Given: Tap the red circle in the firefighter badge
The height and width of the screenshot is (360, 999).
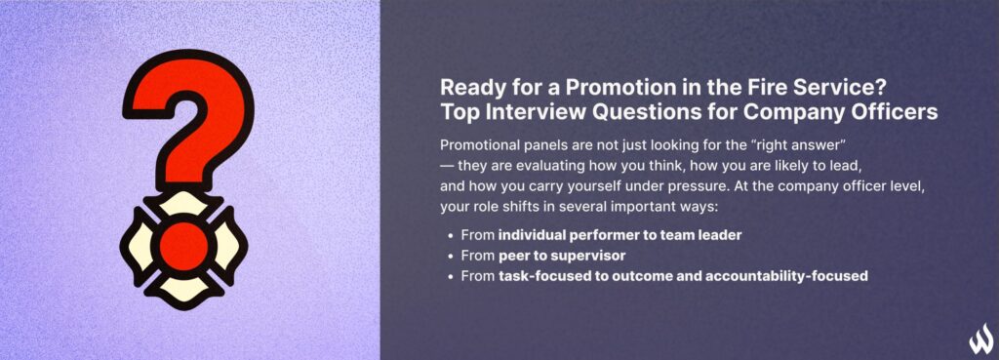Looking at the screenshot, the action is (x=183, y=245).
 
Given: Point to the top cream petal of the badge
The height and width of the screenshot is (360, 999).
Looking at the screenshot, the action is (x=184, y=203).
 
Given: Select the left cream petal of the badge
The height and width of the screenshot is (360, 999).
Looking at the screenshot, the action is (x=141, y=245).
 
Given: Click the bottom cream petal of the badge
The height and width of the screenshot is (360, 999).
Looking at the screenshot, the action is (x=184, y=288).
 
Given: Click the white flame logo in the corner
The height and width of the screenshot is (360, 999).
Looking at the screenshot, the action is (x=981, y=340).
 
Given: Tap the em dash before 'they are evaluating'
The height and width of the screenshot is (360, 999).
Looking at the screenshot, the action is (x=447, y=167).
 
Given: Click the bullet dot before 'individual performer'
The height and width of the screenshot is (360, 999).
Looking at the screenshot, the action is (x=451, y=236).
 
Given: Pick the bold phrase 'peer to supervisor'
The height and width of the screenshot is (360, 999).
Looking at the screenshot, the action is (x=561, y=257).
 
